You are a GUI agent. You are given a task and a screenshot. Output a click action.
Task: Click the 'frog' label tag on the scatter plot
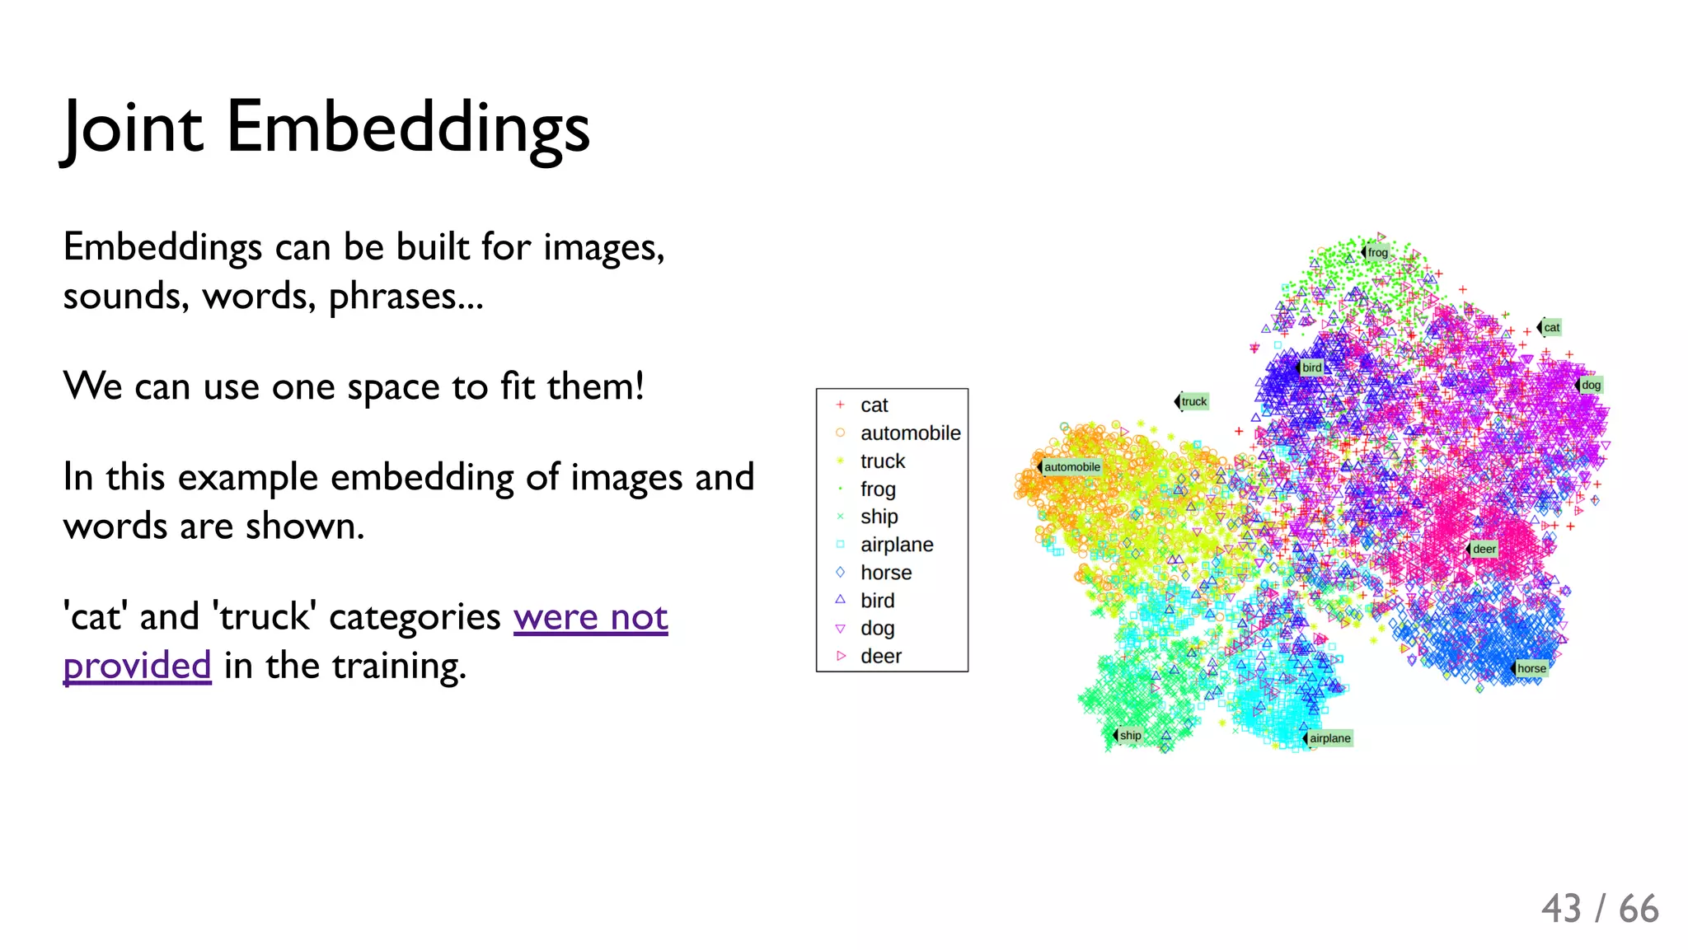tap(1377, 252)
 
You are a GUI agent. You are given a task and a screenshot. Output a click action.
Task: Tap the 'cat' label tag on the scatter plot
tap(1551, 327)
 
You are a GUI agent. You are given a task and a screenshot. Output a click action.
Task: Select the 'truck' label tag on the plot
tap(1193, 401)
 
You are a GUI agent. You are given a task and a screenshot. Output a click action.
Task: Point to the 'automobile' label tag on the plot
tap(1071, 466)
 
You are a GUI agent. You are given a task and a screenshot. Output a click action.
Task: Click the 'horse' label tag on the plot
tap(1531, 668)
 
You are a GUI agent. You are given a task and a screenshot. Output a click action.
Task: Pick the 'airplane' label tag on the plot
tap(1329, 738)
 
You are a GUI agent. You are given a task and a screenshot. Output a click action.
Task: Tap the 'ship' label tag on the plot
tap(1130, 735)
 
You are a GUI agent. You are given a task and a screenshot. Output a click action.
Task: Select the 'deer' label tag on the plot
tap(1484, 549)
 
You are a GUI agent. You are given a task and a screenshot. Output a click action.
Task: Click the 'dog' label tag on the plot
tap(1591, 385)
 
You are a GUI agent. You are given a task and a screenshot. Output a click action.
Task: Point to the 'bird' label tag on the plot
tap(1312, 367)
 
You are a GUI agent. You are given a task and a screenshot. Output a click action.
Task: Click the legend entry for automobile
tap(910, 433)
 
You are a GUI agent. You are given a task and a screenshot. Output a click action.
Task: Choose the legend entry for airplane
tap(897, 545)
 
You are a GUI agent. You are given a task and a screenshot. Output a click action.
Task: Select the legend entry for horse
tap(886, 573)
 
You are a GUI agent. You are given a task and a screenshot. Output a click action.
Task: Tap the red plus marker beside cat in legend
tap(840, 405)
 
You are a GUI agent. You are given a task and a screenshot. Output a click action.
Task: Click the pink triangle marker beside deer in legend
tap(841, 656)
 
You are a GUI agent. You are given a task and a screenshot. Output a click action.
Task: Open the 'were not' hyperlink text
tap(590, 617)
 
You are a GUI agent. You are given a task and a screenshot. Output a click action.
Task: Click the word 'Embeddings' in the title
tap(408, 128)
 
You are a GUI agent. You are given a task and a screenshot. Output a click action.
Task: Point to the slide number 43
tap(1561, 909)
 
